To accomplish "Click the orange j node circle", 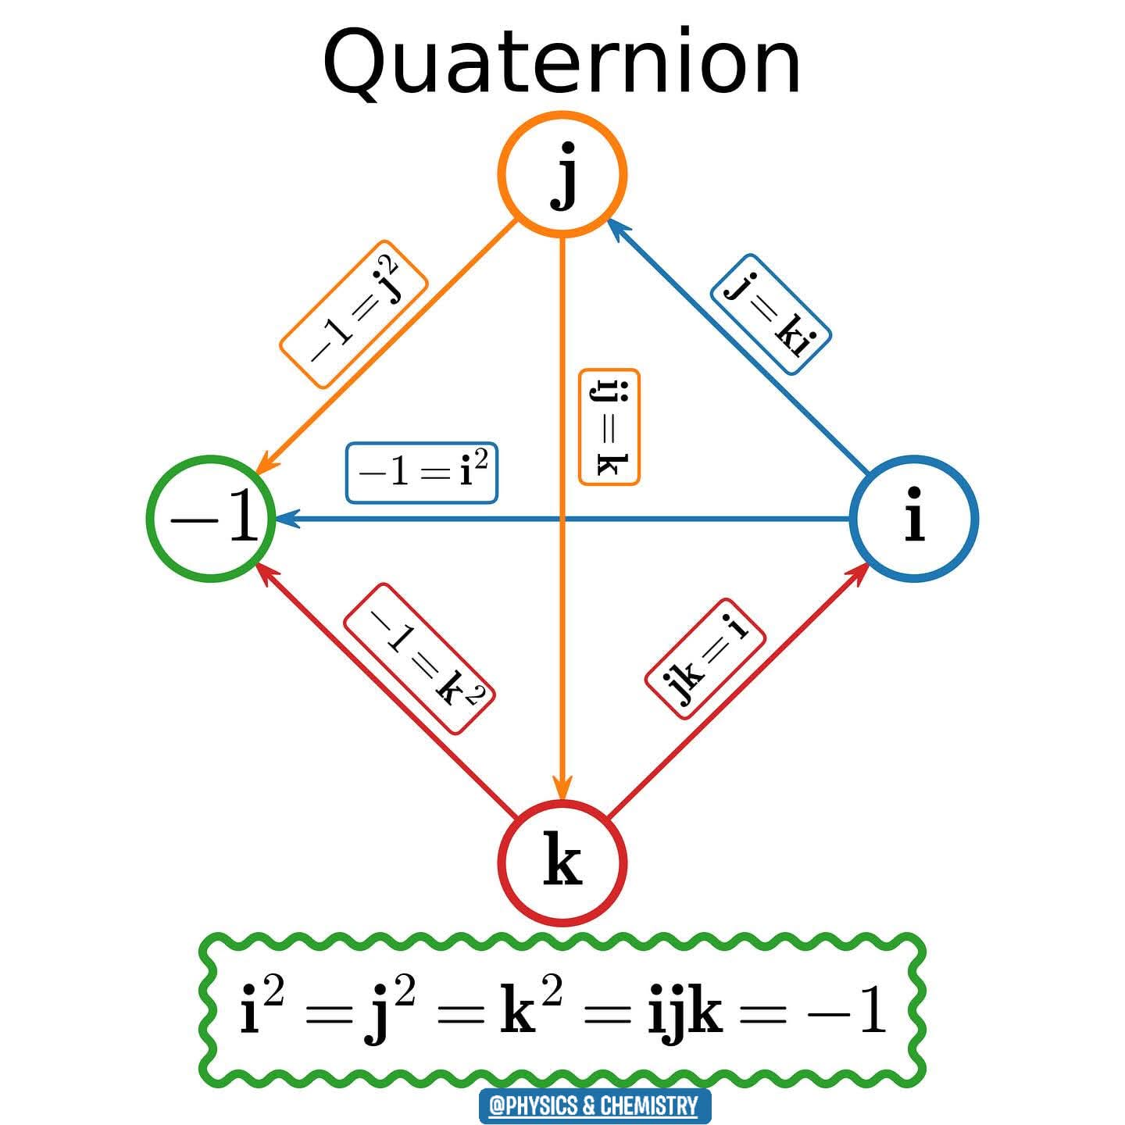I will tap(562, 173).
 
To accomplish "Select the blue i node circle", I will tap(913, 518).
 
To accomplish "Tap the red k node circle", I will tap(562, 863).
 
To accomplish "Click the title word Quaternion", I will tap(562, 62).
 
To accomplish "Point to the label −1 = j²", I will tap(354, 313).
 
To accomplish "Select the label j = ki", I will tap(770, 314).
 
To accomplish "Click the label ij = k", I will tap(609, 427).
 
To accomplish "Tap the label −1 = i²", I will tap(422, 473).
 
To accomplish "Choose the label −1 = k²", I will tap(420, 659).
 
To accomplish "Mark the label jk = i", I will tap(705, 659).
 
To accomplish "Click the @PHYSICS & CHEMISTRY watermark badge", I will tap(595, 1105).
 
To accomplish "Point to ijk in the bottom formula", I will tap(685, 1013).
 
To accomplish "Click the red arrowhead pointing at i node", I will tap(859, 571).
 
